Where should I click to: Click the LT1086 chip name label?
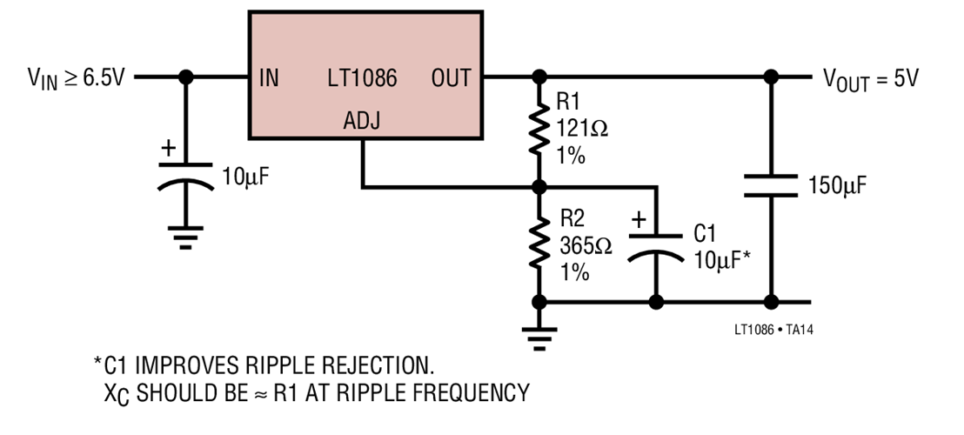(x=362, y=78)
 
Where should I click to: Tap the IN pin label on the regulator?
(x=270, y=78)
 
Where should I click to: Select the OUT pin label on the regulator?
(x=451, y=78)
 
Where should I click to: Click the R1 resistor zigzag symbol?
(x=540, y=130)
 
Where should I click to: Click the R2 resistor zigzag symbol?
(x=540, y=244)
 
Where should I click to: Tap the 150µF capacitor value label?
(x=837, y=185)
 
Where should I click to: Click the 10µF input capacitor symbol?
(x=185, y=173)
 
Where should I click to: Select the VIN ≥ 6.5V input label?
(x=76, y=78)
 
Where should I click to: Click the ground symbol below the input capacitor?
(x=185, y=237)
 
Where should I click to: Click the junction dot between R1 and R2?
(x=540, y=186)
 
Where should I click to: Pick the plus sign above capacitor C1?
(x=638, y=221)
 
